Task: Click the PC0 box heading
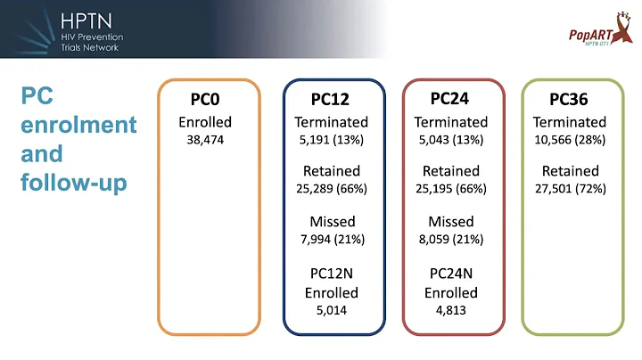click(210, 100)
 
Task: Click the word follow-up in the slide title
click(73, 183)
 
